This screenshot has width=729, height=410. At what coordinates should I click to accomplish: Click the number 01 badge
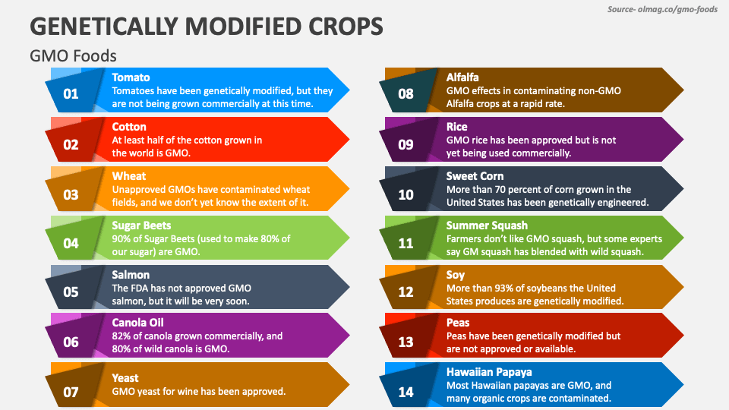click(x=71, y=95)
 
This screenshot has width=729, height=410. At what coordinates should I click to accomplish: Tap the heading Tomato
click(x=131, y=77)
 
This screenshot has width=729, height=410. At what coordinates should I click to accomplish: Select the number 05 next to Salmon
click(x=71, y=292)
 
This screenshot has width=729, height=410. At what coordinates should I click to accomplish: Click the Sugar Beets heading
click(x=141, y=225)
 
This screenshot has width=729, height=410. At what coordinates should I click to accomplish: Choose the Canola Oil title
click(x=138, y=323)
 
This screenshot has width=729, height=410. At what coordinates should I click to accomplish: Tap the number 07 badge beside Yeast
click(x=71, y=391)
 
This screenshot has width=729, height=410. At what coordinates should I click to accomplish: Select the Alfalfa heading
click(x=462, y=77)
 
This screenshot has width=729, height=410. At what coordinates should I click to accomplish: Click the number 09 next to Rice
click(x=406, y=144)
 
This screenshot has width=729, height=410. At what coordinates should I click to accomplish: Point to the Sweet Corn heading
click(x=475, y=176)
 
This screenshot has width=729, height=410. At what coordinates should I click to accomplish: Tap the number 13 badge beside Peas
click(x=406, y=342)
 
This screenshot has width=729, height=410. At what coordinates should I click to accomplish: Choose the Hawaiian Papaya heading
click(x=488, y=372)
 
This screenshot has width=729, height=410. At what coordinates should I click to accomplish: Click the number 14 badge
click(x=406, y=391)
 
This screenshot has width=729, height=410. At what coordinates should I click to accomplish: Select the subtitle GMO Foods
click(x=73, y=56)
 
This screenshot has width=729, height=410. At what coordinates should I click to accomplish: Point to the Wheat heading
click(x=129, y=176)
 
